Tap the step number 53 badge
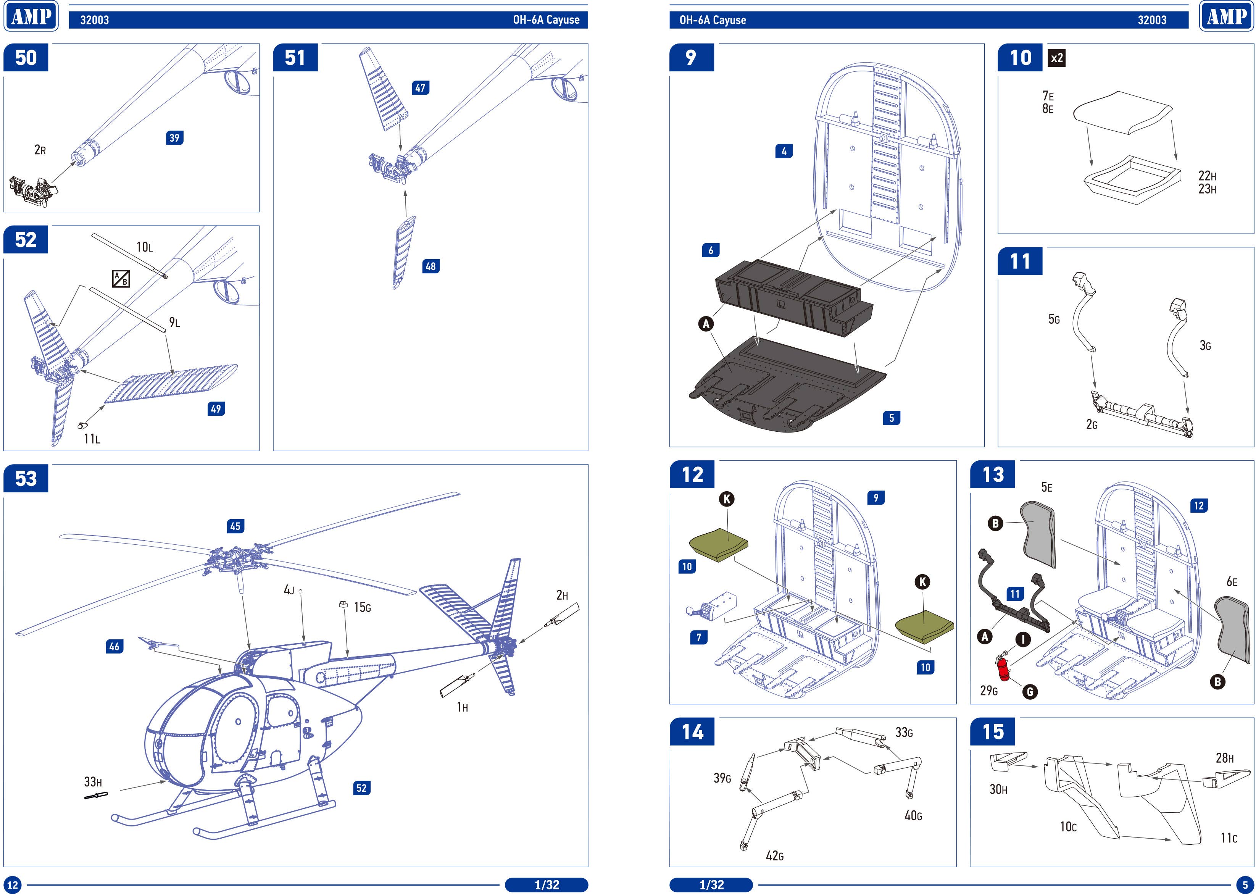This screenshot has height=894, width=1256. point(26,478)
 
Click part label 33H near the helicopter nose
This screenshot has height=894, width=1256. point(92,782)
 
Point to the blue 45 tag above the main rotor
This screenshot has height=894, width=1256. point(235,526)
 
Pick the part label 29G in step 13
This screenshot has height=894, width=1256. point(988,690)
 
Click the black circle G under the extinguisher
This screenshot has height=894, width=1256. point(1029,691)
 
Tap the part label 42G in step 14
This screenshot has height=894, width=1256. point(774,855)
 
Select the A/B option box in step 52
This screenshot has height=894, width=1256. point(121,279)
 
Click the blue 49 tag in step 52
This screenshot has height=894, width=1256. point(216,408)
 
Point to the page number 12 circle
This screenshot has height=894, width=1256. point(12,884)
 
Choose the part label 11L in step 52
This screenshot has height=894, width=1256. point(91,439)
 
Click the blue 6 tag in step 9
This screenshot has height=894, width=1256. point(711,250)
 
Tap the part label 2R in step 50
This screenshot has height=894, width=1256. point(40,150)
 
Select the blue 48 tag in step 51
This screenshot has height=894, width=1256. point(430,266)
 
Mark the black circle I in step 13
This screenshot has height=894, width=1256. point(1022,639)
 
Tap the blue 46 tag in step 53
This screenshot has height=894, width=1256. point(114,646)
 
